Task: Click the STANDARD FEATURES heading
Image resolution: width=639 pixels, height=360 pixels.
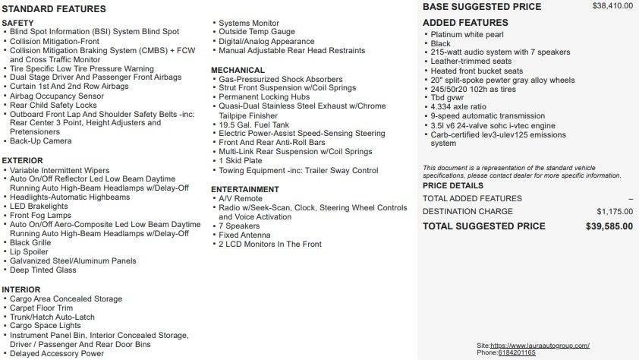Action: click(x=54, y=9)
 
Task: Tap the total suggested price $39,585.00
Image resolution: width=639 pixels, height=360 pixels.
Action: click(x=609, y=226)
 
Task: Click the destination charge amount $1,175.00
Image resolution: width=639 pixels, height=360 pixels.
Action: click(x=615, y=212)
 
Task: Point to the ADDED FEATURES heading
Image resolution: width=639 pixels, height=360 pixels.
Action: click(x=465, y=23)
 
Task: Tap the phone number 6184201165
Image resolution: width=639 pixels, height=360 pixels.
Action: click(x=517, y=352)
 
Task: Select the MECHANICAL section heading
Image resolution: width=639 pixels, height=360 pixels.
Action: click(x=238, y=70)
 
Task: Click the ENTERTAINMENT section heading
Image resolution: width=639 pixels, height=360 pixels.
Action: click(x=245, y=189)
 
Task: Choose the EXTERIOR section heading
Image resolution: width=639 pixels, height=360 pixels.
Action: click(x=22, y=161)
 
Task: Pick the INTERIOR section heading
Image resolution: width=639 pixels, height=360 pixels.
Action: click(x=21, y=289)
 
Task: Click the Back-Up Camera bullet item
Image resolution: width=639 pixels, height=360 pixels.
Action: click(x=41, y=141)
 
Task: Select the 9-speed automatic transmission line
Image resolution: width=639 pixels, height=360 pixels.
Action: click(x=487, y=116)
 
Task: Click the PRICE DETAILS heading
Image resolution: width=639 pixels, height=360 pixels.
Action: click(x=452, y=185)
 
